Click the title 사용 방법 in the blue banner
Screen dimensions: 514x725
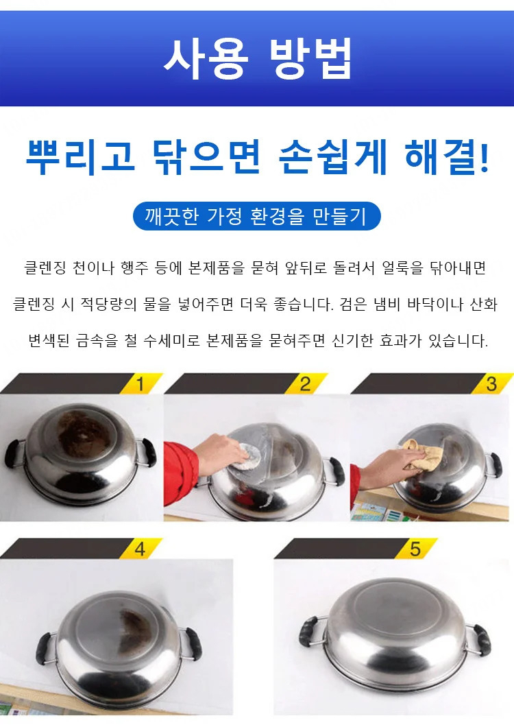point(258,58)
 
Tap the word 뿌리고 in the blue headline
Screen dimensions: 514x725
point(80,157)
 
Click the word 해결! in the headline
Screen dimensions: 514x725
point(447,157)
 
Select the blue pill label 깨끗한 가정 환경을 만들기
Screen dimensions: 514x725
point(257,216)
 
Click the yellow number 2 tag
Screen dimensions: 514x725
point(306,384)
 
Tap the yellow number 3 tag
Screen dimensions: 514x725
point(491,384)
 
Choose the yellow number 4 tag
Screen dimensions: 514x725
point(140,549)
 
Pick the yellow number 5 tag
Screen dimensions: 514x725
point(415,549)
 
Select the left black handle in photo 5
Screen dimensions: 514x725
point(308,631)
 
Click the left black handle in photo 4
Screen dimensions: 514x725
point(45,648)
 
